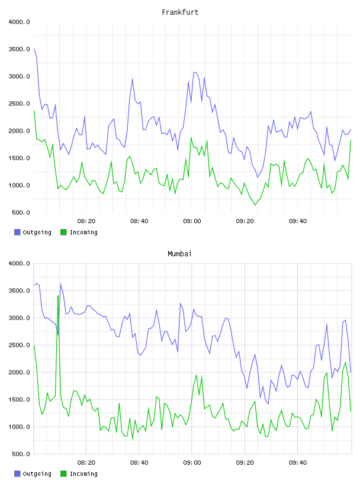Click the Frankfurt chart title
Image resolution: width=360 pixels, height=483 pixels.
tap(180, 12)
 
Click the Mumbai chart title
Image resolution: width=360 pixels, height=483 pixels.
tap(179, 254)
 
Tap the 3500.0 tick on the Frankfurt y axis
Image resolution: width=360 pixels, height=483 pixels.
tap(19, 49)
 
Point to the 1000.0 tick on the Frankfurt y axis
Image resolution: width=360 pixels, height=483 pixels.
tap(19, 185)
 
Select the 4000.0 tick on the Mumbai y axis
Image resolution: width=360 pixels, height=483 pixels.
tap(19, 263)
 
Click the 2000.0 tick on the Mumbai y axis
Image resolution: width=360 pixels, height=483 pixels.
tap(19, 372)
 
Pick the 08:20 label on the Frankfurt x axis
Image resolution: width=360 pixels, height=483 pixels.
tap(86, 221)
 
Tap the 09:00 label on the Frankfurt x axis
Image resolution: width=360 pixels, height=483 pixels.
tap(192, 221)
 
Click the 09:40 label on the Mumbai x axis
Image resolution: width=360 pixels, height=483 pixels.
tap(298, 462)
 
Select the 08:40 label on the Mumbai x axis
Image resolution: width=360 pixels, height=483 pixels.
tap(139, 462)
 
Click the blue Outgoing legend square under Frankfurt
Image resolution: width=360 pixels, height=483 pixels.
tap(17, 232)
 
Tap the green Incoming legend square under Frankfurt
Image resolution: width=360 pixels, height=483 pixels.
tap(63, 232)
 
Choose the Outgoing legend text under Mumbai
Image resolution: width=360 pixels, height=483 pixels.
tap(37, 474)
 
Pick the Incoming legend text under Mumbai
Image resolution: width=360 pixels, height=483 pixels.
tap(83, 474)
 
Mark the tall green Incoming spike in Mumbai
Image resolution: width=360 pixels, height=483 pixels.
tap(58, 296)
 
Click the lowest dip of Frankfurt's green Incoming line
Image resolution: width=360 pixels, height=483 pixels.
tap(255, 205)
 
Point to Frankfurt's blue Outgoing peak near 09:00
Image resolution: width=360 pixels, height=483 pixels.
tap(194, 72)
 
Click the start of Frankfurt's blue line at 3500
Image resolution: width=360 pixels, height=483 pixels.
tap(34, 49)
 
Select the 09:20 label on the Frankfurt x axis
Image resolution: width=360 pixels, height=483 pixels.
tap(245, 221)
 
